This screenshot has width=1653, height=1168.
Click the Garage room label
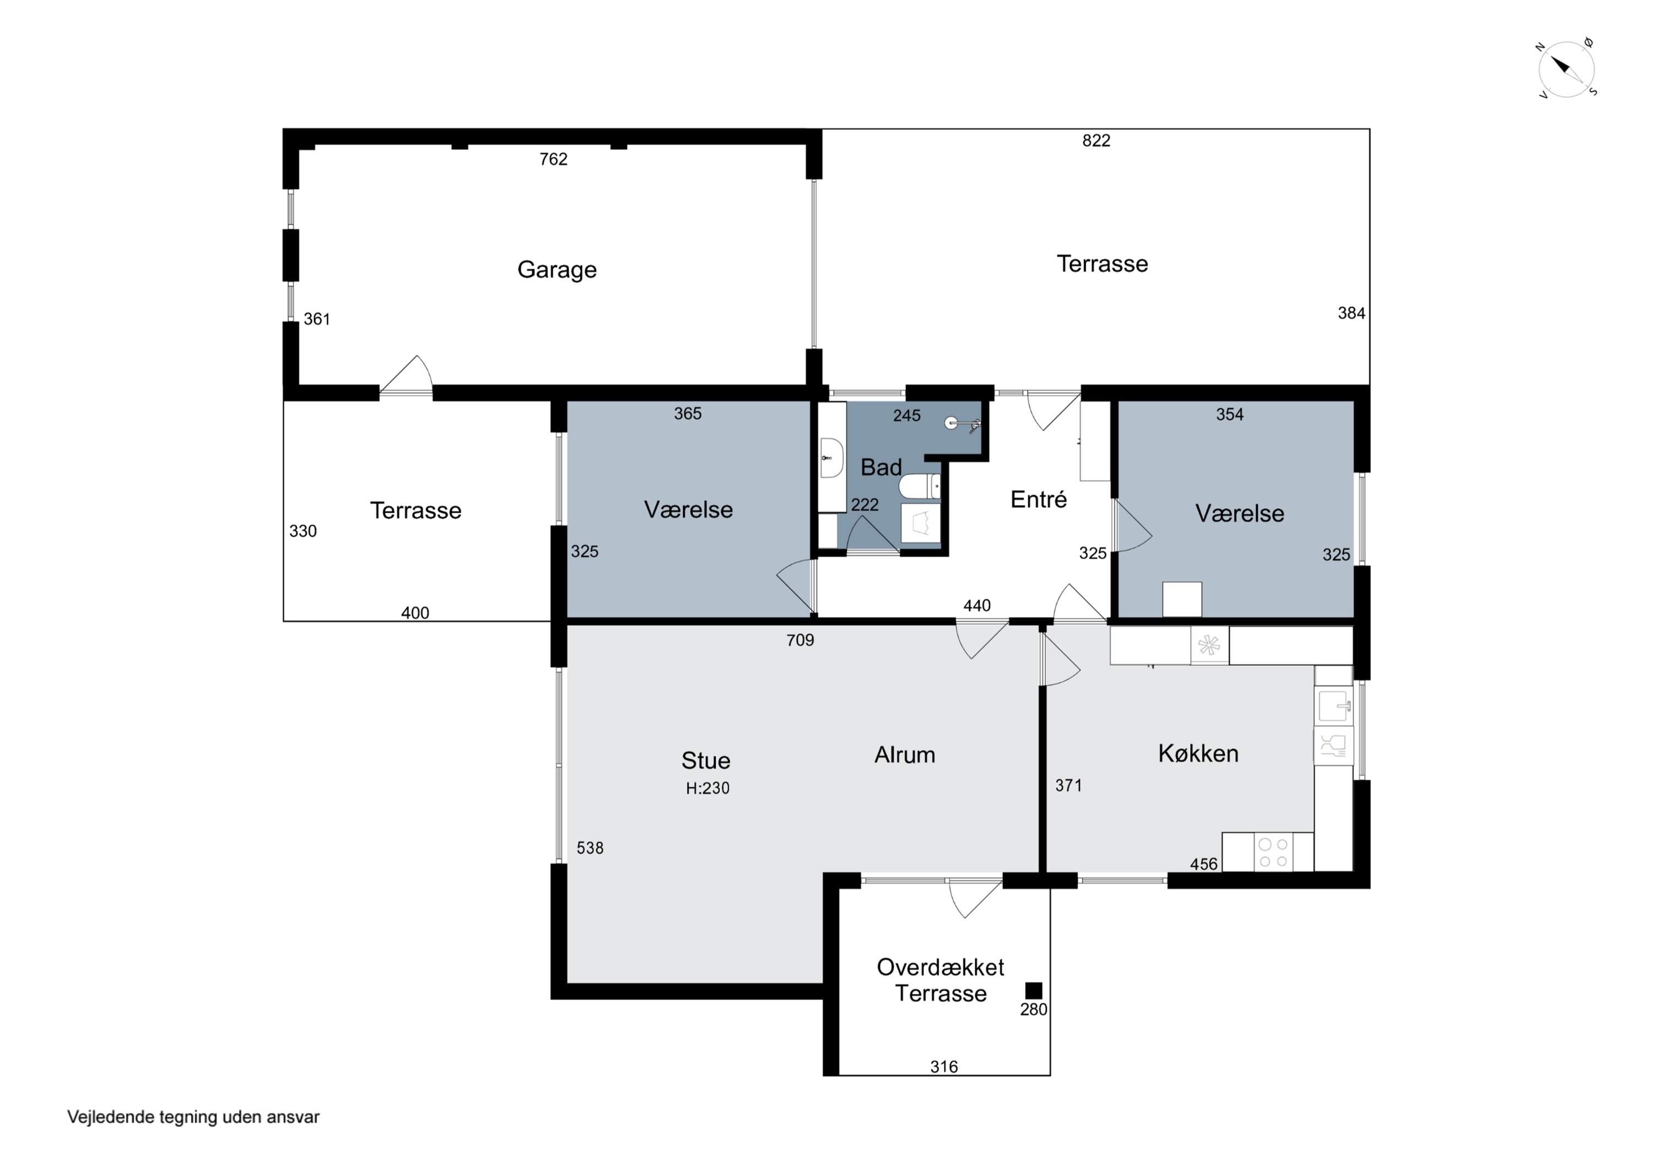(557, 270)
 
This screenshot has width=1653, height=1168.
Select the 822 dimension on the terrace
(1096, 140)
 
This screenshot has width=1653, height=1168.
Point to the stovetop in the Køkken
(1273, 852)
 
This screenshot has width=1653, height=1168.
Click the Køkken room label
(1198, 753)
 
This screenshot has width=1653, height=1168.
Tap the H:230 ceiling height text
(707, 788)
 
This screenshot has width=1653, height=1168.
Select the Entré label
(1038, 499)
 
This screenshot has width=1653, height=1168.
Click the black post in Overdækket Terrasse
(1033, 991)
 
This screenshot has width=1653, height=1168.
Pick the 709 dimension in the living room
(800, 640)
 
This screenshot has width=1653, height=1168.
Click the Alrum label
(904, 754)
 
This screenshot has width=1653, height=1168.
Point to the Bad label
(881, 467)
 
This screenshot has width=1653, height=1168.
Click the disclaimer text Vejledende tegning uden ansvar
(193, 1116)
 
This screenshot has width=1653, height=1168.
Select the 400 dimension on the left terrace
(415, 612)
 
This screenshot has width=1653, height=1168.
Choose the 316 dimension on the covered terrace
(944, 1067)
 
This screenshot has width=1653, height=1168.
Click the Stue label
(705, 760)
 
